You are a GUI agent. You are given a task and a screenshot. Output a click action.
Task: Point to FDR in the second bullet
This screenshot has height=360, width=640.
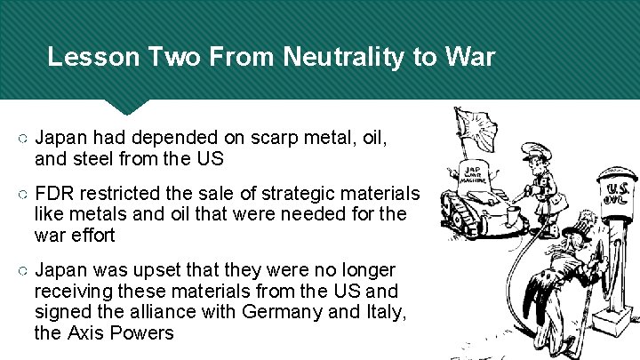coord(55,195)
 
